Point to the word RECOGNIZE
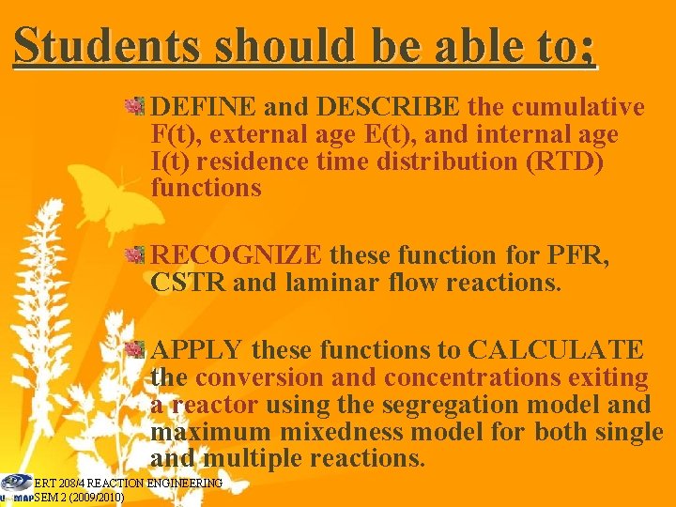237,254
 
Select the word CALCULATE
556,350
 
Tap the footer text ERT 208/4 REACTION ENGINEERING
128,484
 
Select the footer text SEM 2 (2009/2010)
79,498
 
